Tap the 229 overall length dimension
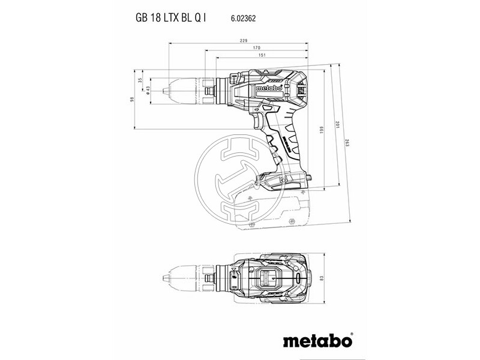pos(239,41)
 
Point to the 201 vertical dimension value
pos(338,124)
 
